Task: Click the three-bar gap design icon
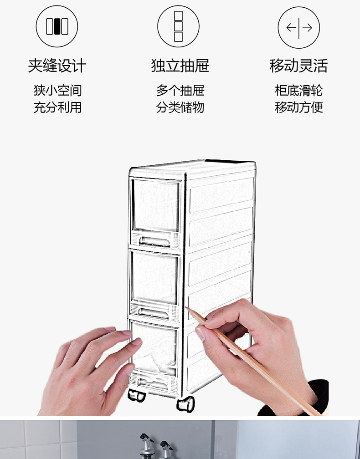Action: coord(57,26)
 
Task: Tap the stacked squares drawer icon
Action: coord(178,26)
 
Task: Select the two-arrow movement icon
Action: coord(299,27)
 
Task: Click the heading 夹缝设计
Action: coord(57,66)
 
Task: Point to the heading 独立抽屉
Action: coord(180,66)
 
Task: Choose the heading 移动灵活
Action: coord(299,66)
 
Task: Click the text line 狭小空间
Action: coord(57,90)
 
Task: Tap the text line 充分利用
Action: coord(57,107)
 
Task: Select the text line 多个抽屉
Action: coord(180,90)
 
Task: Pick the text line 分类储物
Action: coord(180,107)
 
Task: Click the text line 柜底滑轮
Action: coord(299,90)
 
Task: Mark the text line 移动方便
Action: coord(299,107)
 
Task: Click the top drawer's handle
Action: coord(155,240)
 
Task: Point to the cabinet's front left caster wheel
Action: coord(136,395)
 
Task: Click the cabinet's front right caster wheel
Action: coord(185,403)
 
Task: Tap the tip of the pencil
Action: coord(187,308)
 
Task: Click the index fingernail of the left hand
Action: coord(136,341)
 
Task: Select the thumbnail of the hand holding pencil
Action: coord(200,334)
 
